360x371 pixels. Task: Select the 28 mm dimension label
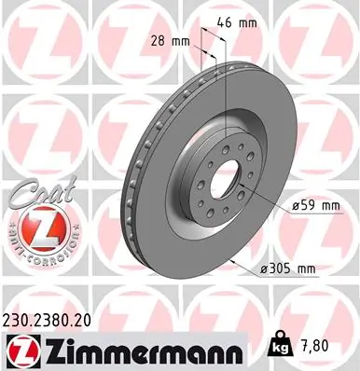click(168, 41)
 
